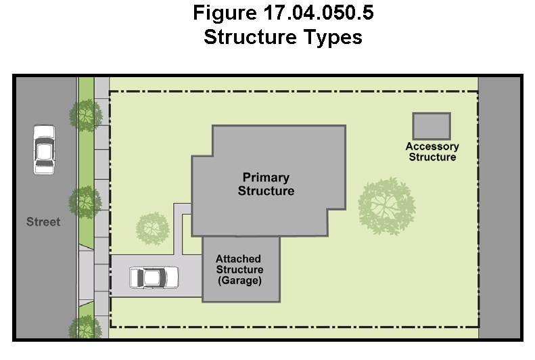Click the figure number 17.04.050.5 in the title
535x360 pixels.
tap(319, 13)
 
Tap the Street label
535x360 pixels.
tap(43, 222)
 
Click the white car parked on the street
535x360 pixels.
tap(45, 150)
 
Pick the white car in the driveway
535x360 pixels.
tap(154, 277)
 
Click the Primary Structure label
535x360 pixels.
tap(266, 184)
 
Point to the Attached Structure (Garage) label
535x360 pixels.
tap(239, 269)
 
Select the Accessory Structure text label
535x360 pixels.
tap(432, 152)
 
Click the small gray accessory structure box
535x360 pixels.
tap(432, 127)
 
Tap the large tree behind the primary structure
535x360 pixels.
tap(387, 206)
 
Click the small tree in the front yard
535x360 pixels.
tap(152, 228)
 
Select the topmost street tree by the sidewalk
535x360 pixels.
tap(86, 115)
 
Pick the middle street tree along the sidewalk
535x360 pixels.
tap(85, 202)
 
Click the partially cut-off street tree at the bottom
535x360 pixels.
tap(85, 327)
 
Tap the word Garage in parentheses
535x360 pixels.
tap(239, 281)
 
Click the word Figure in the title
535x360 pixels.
tap(225, 13)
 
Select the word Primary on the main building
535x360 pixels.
tap(266, 178)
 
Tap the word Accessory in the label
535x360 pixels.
tap(432, 147)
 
